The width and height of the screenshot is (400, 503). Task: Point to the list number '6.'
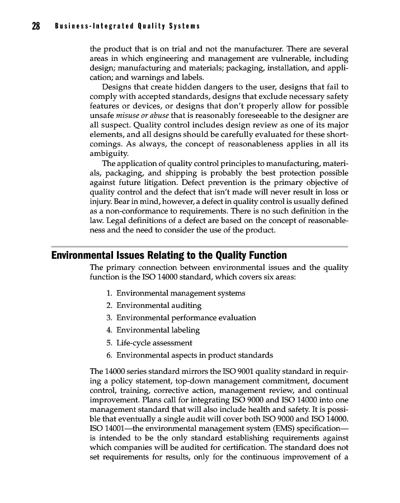(x=109, y=355)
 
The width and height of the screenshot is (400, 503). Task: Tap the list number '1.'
(x=109, y=293)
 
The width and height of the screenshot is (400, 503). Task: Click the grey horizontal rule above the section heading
(x=199, y=246)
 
